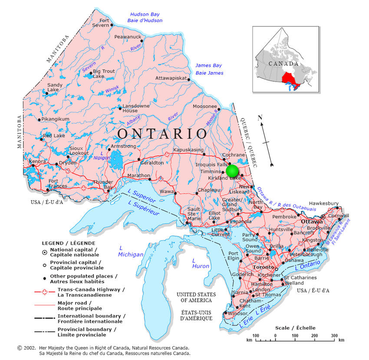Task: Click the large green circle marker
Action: coord(233,171)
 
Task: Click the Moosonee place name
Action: coord(204,107)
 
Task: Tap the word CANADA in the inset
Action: coord(283,64)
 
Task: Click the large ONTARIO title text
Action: coord(162,133)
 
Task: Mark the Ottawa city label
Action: coord(312,222)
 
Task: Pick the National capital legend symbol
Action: coord(45,252)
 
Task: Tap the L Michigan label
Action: coord(131,251)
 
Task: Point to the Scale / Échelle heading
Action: coord(295,328)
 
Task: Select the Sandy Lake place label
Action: coord(55,87)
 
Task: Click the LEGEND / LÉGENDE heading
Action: coord(68,243)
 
